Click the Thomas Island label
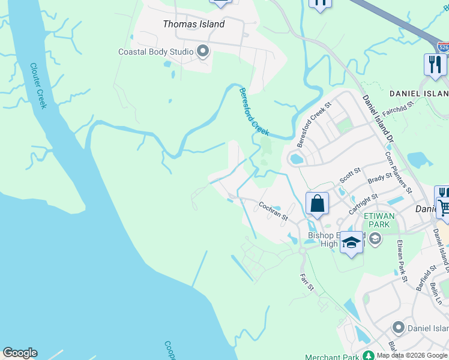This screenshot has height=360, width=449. point(194,24)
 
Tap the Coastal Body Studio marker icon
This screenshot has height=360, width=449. point(203,52)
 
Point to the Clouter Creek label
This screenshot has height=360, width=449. point(38,86)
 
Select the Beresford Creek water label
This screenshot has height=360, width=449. point(254,112)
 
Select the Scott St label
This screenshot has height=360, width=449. point(350,175)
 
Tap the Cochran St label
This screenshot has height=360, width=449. point(273,211)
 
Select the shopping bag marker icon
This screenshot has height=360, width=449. point(317,203)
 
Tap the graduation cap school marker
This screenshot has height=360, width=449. point(352,242)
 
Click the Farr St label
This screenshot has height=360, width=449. point(307,281)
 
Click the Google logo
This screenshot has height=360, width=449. point(20,353)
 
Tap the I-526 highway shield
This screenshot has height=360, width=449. point(443,47)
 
